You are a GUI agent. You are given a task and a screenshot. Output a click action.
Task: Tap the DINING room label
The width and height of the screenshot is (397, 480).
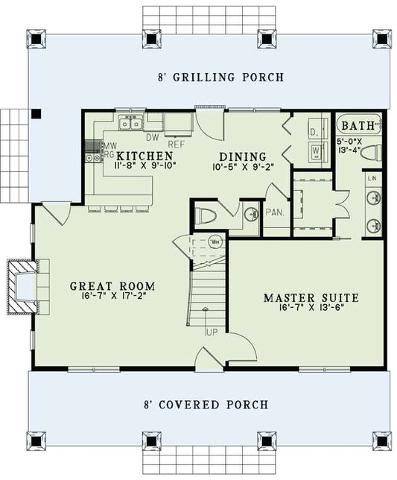coord(241,157)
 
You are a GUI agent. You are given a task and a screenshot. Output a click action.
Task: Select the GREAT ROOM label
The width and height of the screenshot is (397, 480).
coord(112,285)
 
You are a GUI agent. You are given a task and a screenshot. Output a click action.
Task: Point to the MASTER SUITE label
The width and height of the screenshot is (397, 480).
coord(311,298)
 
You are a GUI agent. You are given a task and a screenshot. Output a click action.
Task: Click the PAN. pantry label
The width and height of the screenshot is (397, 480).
coord(275,212)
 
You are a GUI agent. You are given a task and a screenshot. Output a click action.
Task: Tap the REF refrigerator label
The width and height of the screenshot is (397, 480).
coord(177,144)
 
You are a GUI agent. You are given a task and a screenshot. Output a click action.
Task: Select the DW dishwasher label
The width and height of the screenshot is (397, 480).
coord(152,137)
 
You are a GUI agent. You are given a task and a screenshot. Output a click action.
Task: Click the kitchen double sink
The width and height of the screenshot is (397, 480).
coord(132,123)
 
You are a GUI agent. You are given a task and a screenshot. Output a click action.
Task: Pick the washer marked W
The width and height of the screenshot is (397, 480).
coord(316,149)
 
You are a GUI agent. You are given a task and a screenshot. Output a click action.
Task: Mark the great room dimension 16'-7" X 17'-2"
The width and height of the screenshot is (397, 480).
coord(112,297)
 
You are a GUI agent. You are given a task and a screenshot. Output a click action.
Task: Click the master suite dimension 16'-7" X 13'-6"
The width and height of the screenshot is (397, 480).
coord(311,309)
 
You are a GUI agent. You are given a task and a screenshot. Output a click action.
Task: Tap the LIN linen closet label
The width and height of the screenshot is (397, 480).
coord(373,179)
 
